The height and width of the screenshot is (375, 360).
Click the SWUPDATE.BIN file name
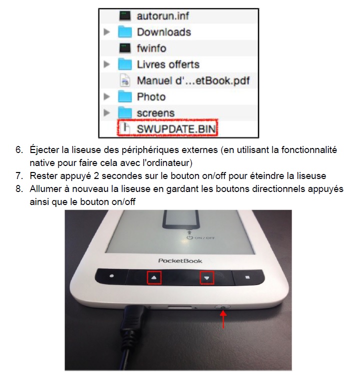click(176, 129)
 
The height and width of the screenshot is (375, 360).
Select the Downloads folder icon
click(125, 32)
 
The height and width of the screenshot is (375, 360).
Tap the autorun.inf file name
click(162, 16)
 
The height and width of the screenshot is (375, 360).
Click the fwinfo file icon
click(125, 48)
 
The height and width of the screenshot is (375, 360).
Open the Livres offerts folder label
click(168, 64)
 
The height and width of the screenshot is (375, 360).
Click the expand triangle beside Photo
click(106, 96)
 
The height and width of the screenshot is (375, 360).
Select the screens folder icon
click(125, 112)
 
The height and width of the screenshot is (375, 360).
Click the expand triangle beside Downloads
click(106, 32)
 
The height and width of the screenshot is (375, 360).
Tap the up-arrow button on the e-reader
click(154, 277)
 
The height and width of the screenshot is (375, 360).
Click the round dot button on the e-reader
click(111, 276)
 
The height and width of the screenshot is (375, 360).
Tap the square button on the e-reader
click(247, 277)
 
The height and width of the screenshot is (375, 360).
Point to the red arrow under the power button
click(223, 319)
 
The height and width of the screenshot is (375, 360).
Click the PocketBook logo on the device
click(180, 261)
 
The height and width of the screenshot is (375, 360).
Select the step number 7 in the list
click(19, 176)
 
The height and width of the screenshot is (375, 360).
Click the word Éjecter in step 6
click(44, 149)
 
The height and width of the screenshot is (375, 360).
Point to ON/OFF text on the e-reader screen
click(204, 238)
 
